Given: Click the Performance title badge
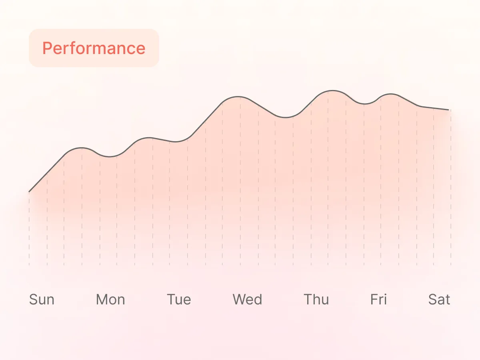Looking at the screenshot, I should click(x=94, y=48).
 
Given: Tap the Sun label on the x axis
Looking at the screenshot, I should click(x=42, y=300).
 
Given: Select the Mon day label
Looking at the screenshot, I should click(x=110, y=300).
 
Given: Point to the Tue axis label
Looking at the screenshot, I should click(x=179, y=300).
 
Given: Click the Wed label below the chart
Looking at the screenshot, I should click(x=248, y=300).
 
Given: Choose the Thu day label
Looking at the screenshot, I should click(x=316, y=300).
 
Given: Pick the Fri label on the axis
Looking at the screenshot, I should click(x=378, y=300).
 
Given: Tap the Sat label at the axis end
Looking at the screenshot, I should click(x=439, y=300).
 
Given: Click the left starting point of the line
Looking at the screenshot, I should click(x=29, y=192).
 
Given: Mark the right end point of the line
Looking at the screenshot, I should click(x=450, y=110).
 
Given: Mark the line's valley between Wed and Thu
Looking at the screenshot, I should click(x=285, y=118).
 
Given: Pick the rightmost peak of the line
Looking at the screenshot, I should click(x=390, y=94).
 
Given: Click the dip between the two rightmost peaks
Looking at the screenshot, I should click(x=364, y=104).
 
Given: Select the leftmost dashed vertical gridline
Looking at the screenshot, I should click(x=29, y=228).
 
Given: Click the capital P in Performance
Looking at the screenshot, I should click(x=47, y=48).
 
